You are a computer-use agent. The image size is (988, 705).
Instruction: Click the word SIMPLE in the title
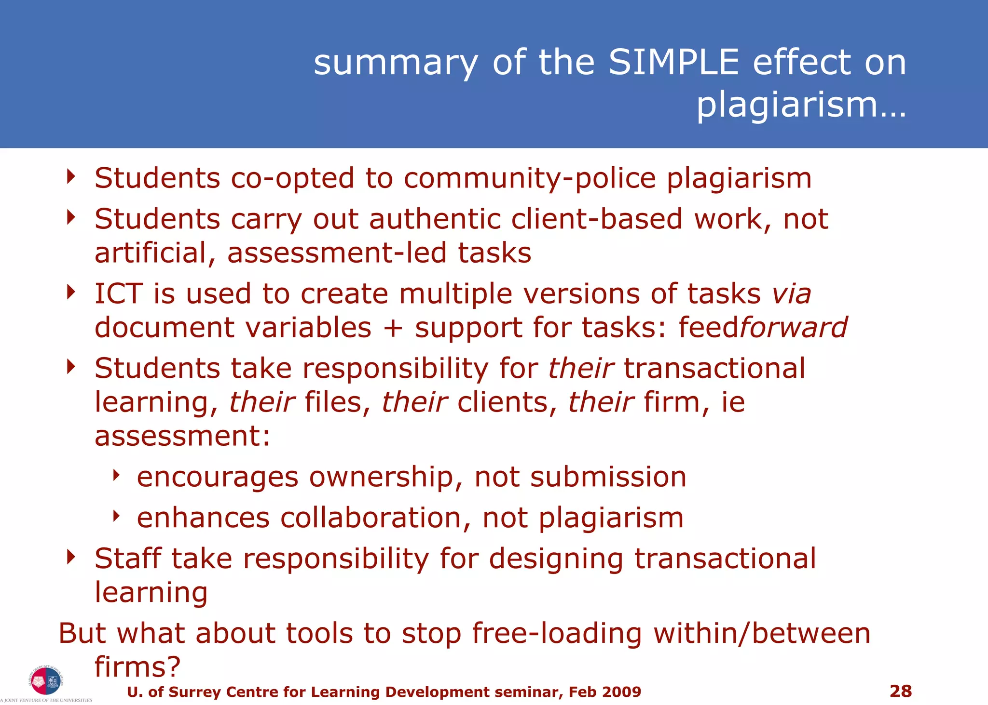[x=673, y=63]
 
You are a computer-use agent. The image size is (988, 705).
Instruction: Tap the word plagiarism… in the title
[x=801, y=105]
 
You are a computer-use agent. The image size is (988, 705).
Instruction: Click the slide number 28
[x=900, y=691]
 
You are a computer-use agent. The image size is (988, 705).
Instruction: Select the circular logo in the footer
[x=45, y=680]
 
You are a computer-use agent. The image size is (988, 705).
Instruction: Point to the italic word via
[x=791, y=294]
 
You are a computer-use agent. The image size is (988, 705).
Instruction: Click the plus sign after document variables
[x=393, y=328]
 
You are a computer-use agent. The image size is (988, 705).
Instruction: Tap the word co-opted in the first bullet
[x=292, y=178]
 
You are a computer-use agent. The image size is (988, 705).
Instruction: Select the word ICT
[x=118, y=294]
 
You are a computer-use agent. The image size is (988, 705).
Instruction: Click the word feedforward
[x=762, y=328]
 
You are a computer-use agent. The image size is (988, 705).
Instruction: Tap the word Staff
[x=127, y=559]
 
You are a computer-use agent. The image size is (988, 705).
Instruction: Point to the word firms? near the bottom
[x=137, y=667]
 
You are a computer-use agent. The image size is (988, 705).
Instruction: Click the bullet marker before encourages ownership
[x=116, y=476]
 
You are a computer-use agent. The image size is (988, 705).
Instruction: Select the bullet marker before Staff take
[x=71, y=558]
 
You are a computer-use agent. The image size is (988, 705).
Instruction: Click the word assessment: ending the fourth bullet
[x=182, y=436]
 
